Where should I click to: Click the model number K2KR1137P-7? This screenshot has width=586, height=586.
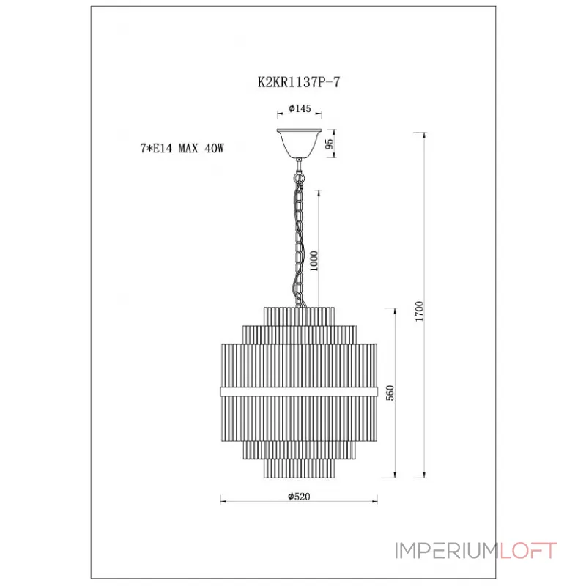299,82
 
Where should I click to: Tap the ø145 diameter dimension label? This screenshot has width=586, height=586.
300,108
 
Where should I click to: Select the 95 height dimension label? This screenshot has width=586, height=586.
329,144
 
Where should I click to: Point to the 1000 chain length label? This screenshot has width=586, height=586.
314,261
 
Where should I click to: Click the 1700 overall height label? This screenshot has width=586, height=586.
419,311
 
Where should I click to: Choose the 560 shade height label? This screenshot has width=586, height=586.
390,393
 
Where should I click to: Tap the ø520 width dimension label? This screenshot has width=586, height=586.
299,497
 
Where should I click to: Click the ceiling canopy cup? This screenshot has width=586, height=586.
299,144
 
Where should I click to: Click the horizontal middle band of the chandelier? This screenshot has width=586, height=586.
299,392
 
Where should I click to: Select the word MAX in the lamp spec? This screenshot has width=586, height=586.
188,149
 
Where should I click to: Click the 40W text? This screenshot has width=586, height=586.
214,149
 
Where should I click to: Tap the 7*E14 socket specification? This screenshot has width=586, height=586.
156,149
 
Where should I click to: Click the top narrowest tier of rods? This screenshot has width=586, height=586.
299,316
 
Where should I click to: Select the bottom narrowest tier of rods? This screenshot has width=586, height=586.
299,468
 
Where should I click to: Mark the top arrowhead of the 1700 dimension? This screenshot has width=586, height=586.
424,136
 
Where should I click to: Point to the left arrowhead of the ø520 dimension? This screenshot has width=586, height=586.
224,501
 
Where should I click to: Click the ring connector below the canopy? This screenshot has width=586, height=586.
299,177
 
